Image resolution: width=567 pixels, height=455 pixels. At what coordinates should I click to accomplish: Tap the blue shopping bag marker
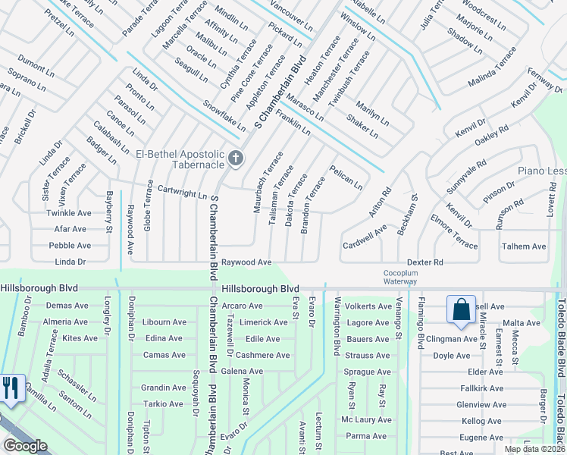click(461, 310)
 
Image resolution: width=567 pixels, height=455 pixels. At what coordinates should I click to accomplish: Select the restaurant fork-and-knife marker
click(10, 389)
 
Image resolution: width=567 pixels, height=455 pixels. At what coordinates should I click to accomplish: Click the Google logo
click(25, 445)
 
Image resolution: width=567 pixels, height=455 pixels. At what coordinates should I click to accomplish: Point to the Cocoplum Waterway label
click(399, 277)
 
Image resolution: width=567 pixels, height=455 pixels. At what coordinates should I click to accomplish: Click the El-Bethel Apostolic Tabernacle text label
click(180, 159)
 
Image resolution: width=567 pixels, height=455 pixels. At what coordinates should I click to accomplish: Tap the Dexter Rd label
click(424, 262)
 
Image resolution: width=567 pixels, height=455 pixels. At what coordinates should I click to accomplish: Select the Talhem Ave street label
click(523, 246)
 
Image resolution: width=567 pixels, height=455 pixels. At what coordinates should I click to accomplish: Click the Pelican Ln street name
click(346, 178)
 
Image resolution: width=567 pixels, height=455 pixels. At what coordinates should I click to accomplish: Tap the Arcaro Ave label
click(242, 306)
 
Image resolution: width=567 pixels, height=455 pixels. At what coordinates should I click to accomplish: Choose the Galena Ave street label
click(242, 371)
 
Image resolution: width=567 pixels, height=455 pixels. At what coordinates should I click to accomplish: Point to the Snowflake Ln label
click(224, 115)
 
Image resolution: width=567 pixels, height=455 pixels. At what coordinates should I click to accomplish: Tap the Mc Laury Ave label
click(366, 419)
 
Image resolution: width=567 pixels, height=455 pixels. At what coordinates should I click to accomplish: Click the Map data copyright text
click(534, 449)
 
